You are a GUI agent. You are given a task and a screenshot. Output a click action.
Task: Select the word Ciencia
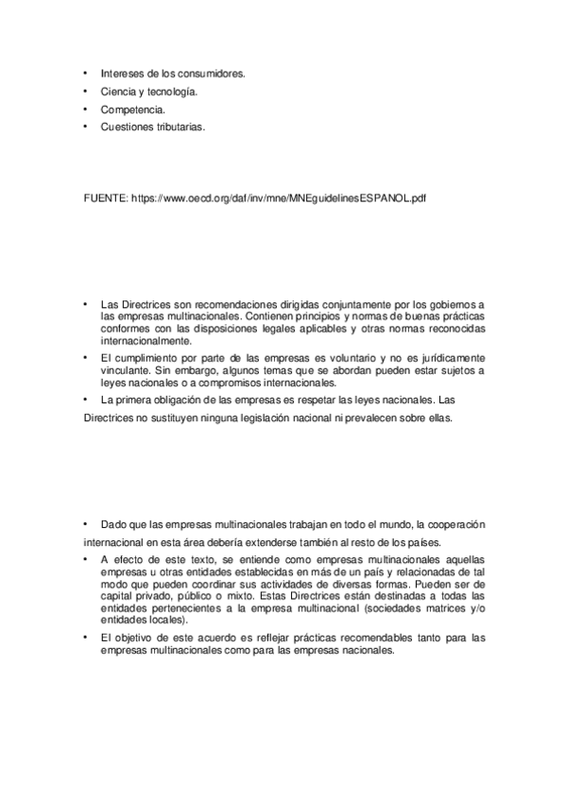116,91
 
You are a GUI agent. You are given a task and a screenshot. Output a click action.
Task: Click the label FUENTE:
107,199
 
